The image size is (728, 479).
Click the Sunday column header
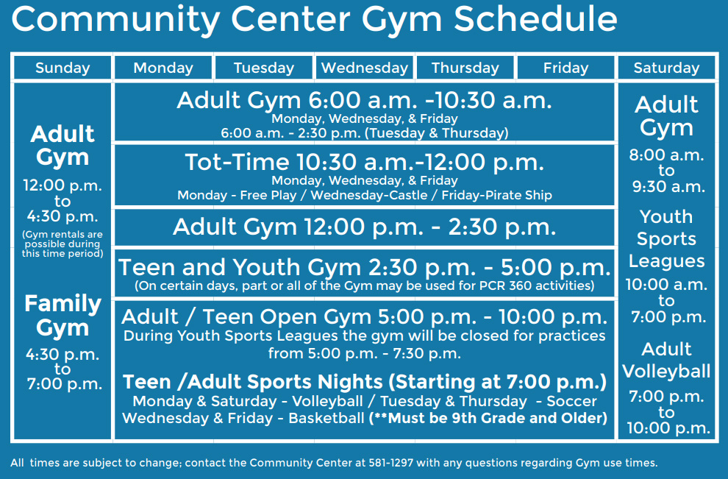(63, 68)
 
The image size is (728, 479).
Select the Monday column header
(163, 68)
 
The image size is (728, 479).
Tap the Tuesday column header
(264, 68)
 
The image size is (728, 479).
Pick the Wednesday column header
(365, 68)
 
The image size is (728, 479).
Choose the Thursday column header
(465, 68)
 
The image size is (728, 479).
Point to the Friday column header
(566, 68)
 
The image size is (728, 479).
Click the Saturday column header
(667, 68)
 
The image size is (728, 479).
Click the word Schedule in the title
(535, 20)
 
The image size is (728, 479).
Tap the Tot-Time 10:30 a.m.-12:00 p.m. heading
(364, 162)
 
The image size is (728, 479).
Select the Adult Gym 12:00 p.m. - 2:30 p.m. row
(364, 227)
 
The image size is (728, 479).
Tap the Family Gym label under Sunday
(63, 316)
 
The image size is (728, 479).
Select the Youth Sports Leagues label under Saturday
(666, 239)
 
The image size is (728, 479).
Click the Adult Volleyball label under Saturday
(666, 360)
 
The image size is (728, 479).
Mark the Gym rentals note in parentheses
(63, 244)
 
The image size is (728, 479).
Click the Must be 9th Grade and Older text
(488, 419)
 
